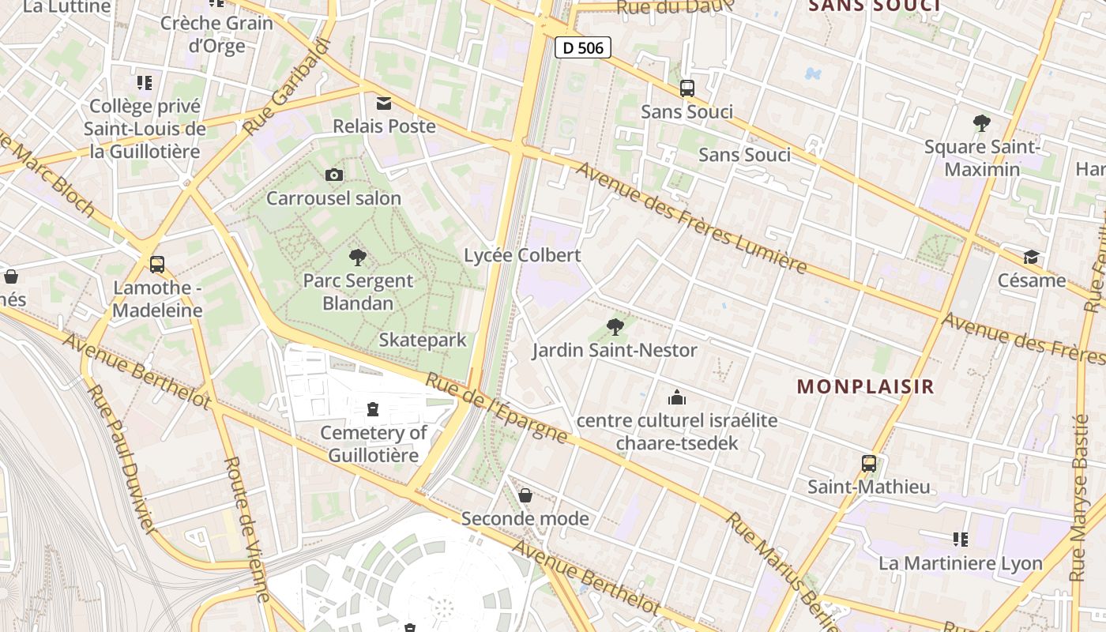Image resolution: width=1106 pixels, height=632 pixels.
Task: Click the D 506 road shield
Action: click(x=583, y=48)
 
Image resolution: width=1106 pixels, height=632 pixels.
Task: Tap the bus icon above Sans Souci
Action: click(x=687, y=88)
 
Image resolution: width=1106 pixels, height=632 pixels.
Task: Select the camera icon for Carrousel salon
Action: click(x=334, y=175)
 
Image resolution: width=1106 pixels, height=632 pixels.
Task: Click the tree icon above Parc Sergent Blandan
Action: click(x=358, y=257)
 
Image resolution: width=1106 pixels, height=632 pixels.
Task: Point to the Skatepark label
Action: click(x=423, y=340)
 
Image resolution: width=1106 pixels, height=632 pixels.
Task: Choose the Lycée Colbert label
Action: click(x=522, y=255)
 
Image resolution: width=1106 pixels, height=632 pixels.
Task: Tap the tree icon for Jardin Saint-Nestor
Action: click(x=615, y=326)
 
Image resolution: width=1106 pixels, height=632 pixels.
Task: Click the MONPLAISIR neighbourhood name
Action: click(x=865, y=386)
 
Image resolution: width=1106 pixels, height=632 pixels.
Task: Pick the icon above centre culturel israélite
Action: click(x=677, y=397)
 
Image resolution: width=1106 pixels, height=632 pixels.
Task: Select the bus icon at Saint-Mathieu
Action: click(x=869, y=464)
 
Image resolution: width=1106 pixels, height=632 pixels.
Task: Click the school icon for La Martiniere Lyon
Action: click(x=961, y=540)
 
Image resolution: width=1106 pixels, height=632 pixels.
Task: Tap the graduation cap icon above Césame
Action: click(x=1031, y=257)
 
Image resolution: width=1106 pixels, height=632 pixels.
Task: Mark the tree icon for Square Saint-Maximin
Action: click(x=982, y=123)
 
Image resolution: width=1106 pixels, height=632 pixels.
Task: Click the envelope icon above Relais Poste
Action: click(x=384, y=103)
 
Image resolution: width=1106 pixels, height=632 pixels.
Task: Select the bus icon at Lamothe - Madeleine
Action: click(x=157, y=264)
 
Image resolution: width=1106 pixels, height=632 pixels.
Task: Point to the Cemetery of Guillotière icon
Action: click(x=372, y=409)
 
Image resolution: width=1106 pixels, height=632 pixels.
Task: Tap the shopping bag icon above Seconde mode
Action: click(x=525, y=495)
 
